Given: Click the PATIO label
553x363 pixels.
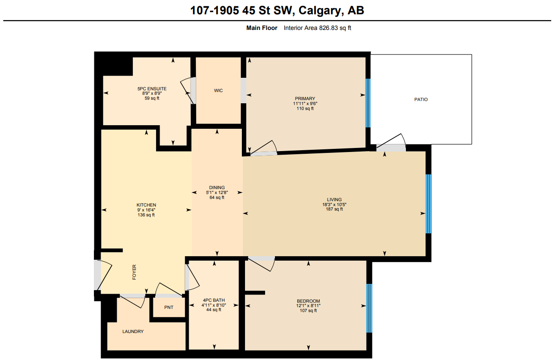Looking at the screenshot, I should click(421, 99).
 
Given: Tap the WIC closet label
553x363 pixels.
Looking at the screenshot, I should click(218, 90).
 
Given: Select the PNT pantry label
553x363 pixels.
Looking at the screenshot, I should click(169, 308).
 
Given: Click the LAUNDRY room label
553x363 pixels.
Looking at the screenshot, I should click(133, 332).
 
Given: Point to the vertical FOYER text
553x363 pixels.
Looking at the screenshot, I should click(134, 272).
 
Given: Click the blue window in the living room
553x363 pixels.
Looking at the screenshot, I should click(428, 204).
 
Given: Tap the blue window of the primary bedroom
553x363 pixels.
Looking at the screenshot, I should click(368, 103).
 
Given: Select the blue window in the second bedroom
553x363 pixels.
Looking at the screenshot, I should click(369, 308).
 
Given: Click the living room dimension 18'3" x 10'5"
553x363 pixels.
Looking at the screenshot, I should click(334, 204).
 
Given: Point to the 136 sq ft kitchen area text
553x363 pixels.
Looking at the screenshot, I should click(146, 215).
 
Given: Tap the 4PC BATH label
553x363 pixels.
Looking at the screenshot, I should click(214, 300).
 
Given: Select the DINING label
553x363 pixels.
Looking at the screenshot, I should click(217, 187).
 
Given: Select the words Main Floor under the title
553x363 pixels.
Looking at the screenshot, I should click(262, 28).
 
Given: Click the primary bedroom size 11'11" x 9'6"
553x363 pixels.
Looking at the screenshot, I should click(305, 103).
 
